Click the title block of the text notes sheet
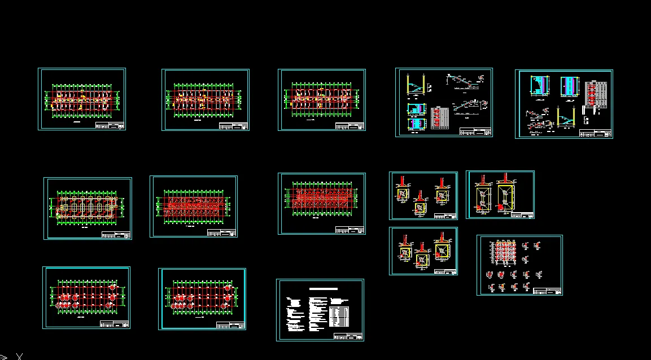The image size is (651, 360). (x=348, y=336)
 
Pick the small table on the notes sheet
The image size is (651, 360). (x=339, y=316)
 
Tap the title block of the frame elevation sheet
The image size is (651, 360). (x=547, y=291)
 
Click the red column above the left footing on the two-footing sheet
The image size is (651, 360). (x=482, y=181)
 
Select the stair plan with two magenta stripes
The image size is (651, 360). (x=570, y=87)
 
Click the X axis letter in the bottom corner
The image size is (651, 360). (x=20, y=356)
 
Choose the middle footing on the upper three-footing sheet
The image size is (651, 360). (x=420, y=207)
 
